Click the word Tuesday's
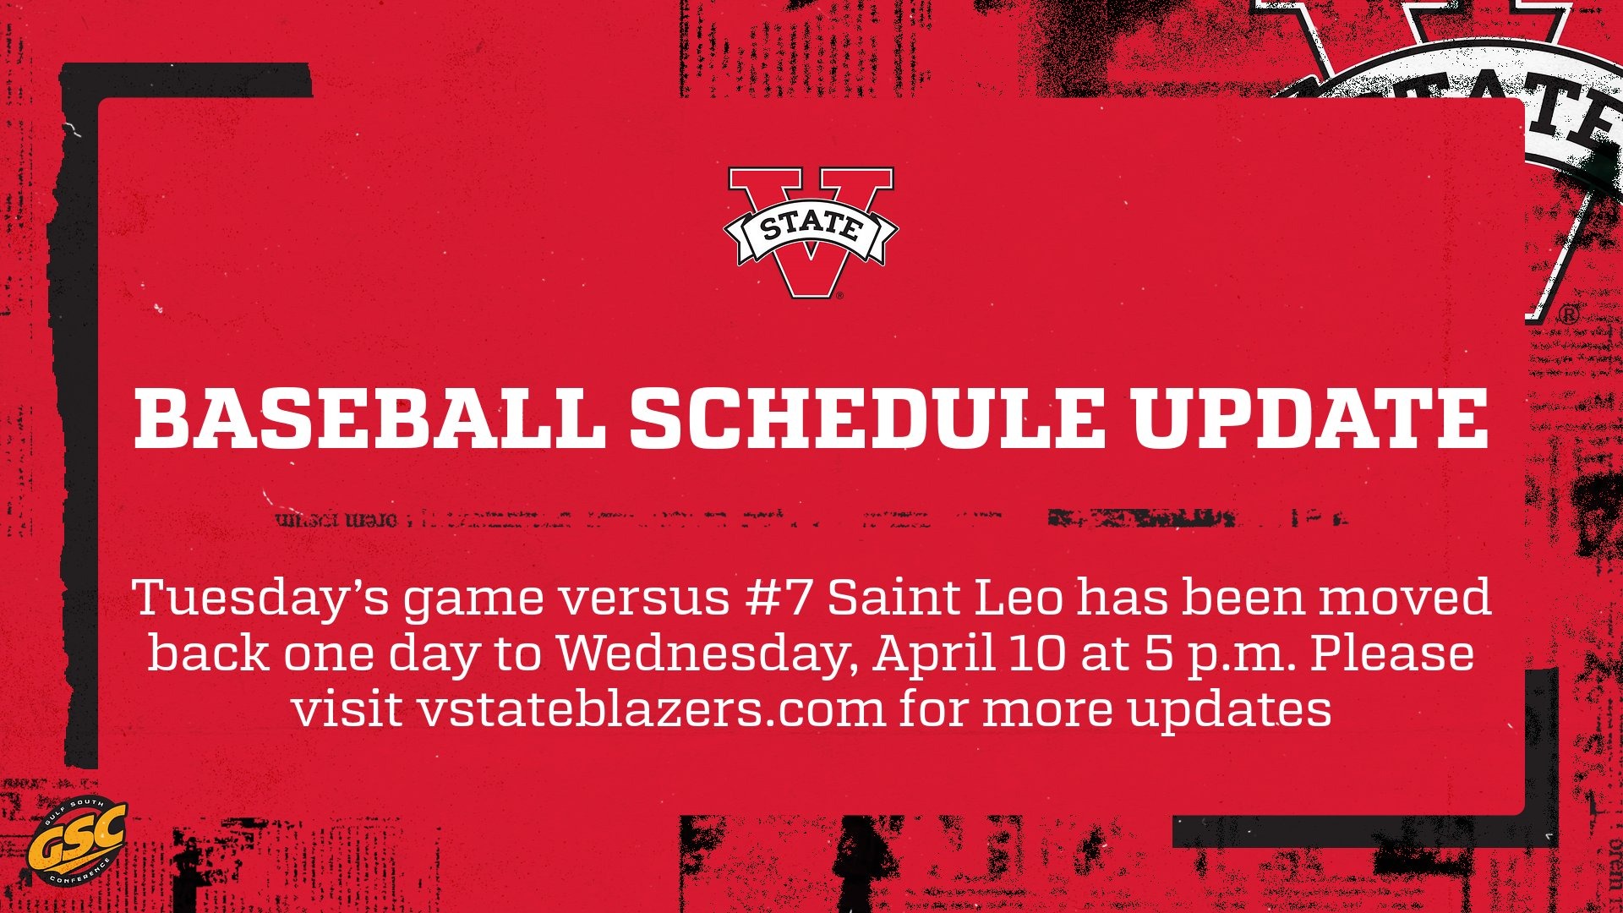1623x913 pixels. (x=261, y=599)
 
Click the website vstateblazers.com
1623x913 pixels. (x=651, y=710)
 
